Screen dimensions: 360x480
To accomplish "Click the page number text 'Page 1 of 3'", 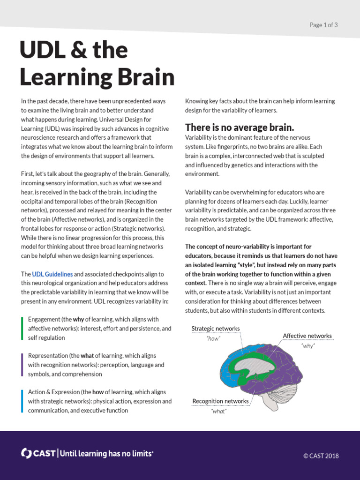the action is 323,25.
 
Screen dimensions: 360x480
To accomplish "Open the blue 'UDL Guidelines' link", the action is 52,274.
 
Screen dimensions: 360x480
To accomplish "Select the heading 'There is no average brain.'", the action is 240,127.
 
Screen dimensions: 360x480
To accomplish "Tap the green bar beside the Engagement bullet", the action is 22,328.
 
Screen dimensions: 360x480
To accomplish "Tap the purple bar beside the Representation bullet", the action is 22,365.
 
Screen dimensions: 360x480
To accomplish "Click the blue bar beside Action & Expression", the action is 22,401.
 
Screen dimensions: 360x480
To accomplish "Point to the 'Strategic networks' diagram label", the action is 215,329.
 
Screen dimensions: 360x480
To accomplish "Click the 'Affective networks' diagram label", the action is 307,336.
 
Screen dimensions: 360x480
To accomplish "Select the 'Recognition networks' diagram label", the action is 220,401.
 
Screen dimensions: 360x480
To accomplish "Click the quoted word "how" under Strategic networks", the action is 213,338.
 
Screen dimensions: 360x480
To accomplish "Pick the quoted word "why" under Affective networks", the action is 308,345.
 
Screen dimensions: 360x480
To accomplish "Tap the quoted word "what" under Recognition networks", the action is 219,411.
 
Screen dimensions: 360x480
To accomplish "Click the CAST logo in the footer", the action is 38,453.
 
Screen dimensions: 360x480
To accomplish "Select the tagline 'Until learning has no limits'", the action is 106,453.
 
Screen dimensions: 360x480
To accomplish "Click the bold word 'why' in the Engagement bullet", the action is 78,319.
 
